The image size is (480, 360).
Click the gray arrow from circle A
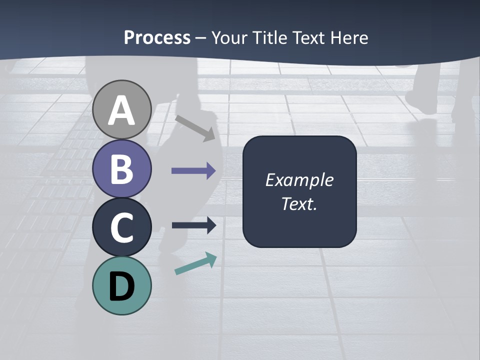pyautogui.click(x=195, y=128)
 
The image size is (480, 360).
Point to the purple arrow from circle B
pyautogui.click(x=193, y=171)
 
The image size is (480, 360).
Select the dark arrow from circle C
pyautogui.click(x=193, y=225)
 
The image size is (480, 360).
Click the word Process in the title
pyautogui.click(x=157, y=38)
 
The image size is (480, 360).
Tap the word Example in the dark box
pyautogui.click(x=299, y=180)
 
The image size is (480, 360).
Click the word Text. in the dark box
pyautogui.click(x=299, y=203)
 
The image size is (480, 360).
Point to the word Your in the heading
pyautogui.click(x=229, y=38)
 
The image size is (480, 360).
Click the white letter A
pyautogui.click(x=121, y=110)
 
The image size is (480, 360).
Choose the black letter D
pyautogui.click(x=121, y=286)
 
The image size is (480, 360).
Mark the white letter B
pyautogui.click(x=121, y=169)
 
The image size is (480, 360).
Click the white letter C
pyautogui.click(x=121, y=227)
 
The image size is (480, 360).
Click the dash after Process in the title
pyautogui.click(x=201, y=38)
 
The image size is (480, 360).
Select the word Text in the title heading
pyautogui.click(x=307, y=38)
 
